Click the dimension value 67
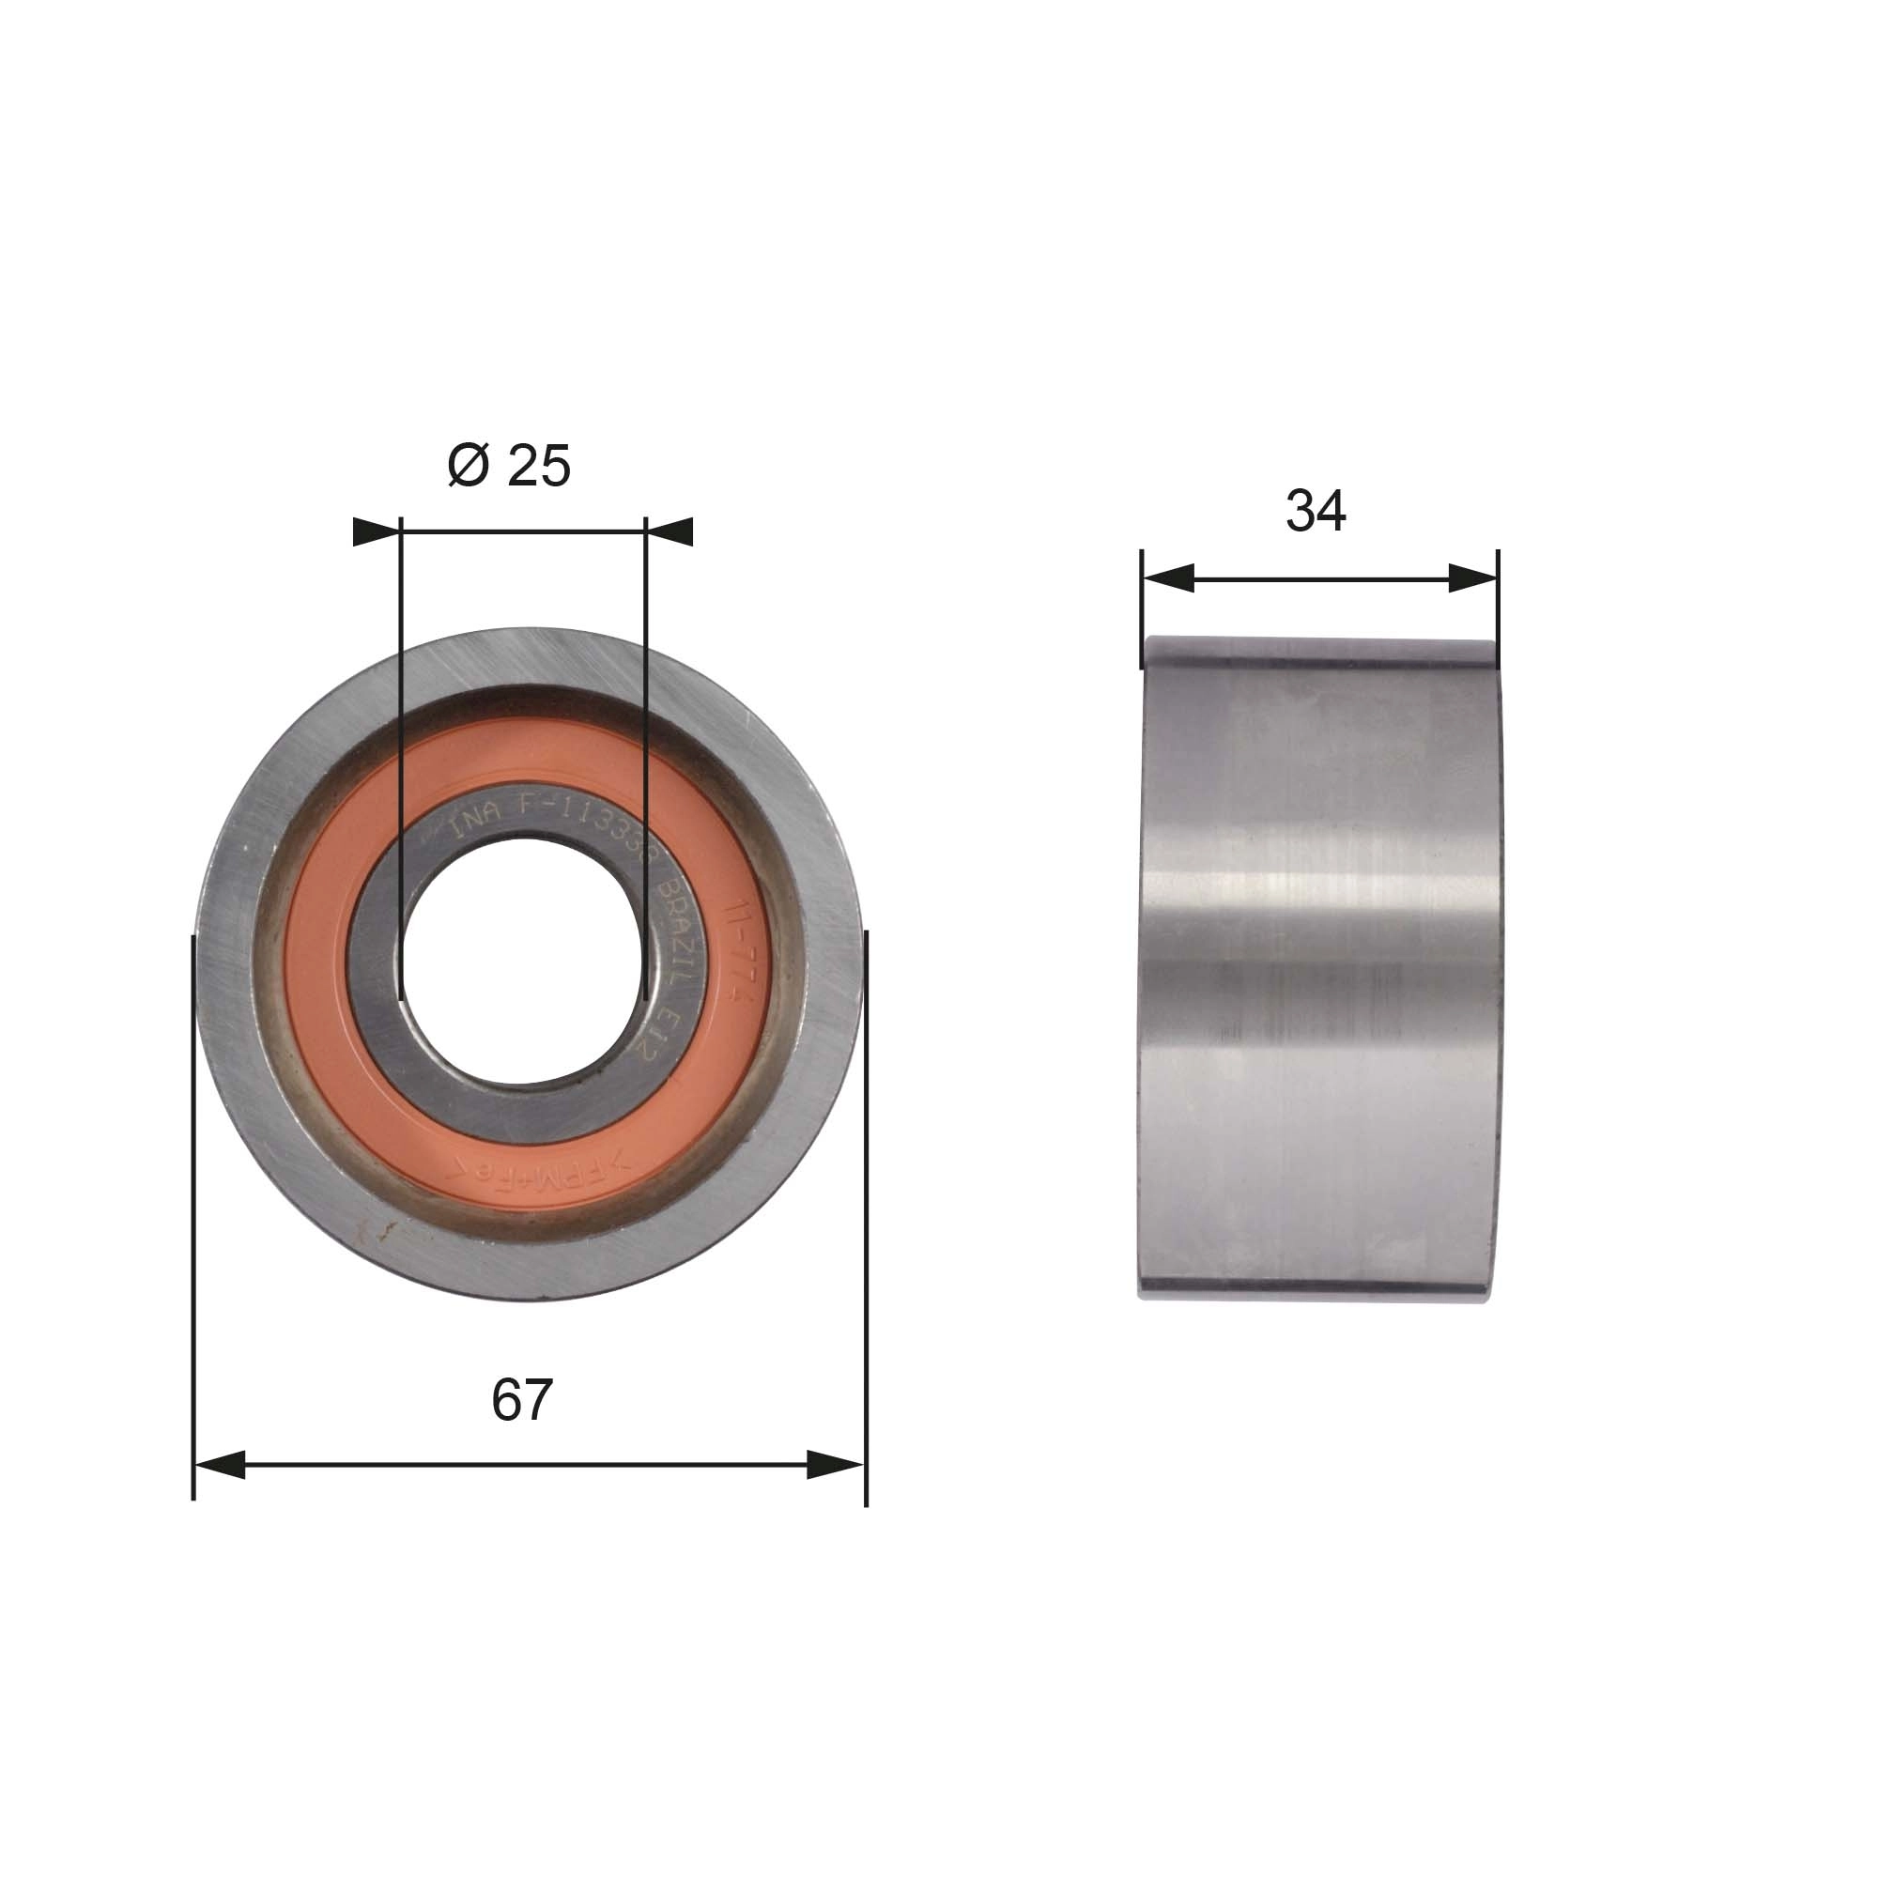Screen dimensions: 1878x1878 (521, 1400)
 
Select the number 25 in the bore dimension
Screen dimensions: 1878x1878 (538, 466)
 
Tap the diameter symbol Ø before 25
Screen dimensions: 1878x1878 (468, 466)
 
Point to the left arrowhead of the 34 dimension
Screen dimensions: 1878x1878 (1168, 578)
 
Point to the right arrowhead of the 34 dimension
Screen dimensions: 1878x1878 (1471, 578)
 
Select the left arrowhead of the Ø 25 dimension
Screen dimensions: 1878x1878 (377, 531)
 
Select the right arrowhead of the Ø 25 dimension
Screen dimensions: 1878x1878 (669, 531)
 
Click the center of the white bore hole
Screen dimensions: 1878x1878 (521, 961)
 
